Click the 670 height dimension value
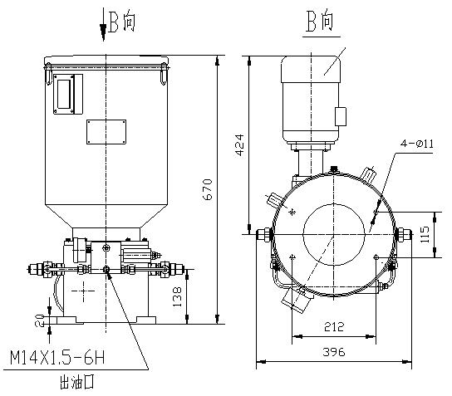[x=208, y=189]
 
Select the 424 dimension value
[x=239, y=145]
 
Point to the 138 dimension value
[x=177, y=296]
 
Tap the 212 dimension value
[x=334, y=327]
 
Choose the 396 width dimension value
[x=334, y=352]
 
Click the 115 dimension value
[x=425, y=234]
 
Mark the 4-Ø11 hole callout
[x=417, y=144]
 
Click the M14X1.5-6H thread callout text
[x=57, y=358]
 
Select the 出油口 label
[x=77, y=382]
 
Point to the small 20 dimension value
[x=40, y=320]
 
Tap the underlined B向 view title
[x=321, y=21]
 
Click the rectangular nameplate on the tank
[x=106, y=132]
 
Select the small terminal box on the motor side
[x=341, y=116]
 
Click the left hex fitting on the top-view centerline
[x=264, y=235]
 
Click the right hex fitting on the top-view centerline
[x=403, y=235]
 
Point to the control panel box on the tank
[x=68, y=94]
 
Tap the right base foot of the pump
[x=146, y=320]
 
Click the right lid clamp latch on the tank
[x=164, y=74]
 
